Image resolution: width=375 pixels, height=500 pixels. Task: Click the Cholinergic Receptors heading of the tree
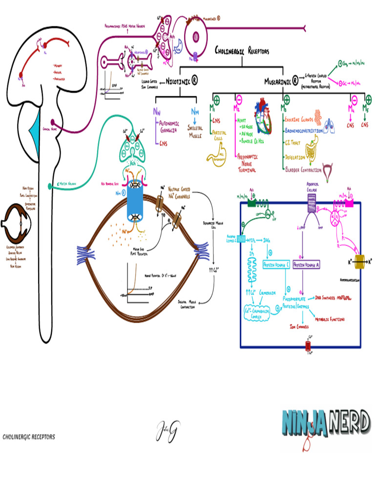pos(242,51)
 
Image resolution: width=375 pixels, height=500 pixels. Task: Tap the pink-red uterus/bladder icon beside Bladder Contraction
pos(331,168)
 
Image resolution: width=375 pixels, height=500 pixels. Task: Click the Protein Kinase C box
pos(276,264)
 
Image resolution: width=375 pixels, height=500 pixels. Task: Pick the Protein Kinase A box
pos(306,264)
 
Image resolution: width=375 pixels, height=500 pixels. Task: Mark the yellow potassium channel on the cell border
pos(362,262)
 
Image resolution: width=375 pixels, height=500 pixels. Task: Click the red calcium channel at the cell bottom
pos(308,346)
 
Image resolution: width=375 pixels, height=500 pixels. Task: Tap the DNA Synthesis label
pos(327,297)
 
